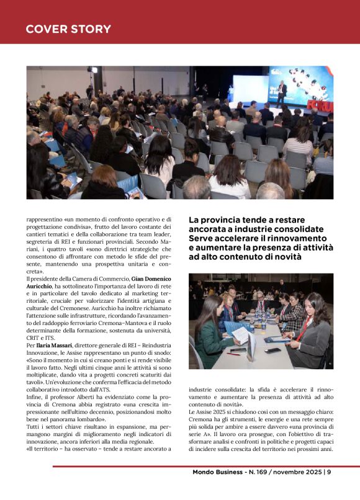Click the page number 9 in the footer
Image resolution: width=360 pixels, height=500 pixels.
click(329, 471)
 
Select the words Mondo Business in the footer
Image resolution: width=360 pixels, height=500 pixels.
click(217, 471)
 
